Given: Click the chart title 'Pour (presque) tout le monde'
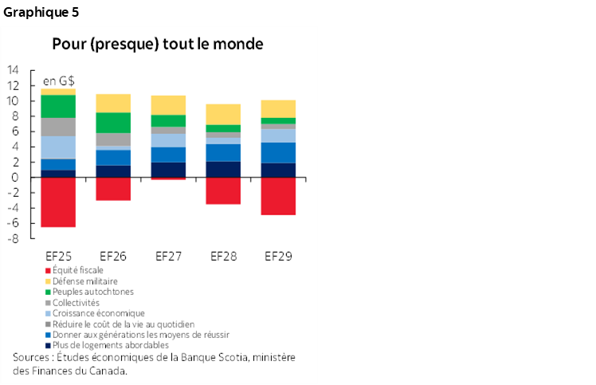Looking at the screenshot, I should click(x=158, y=44).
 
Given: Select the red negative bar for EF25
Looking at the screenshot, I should click(x=58, y=202).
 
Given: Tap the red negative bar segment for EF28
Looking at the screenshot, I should click(x=223, y=191).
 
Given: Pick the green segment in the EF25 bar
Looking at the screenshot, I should click(x=58, y=106).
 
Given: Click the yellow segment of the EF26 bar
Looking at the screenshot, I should click(x=113, y=103).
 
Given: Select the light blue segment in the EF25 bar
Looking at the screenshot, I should click(x=58, y=147).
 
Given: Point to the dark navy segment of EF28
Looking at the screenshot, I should click(x=223, y=169).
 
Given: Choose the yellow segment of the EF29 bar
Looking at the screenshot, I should click(x=278, y=108).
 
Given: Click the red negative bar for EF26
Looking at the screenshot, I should click(x=113, y=188).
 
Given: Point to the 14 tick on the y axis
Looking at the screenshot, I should click(x=13, y=70).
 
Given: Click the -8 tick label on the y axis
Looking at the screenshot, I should click(x=13, y=239).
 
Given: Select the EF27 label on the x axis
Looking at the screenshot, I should click(x=168, y=257).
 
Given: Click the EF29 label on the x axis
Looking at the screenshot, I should click(x=278, y=257).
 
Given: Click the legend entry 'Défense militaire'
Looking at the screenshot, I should click(x=84, y=281).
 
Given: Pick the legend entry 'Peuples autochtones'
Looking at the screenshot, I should click(x=90, y=292).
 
